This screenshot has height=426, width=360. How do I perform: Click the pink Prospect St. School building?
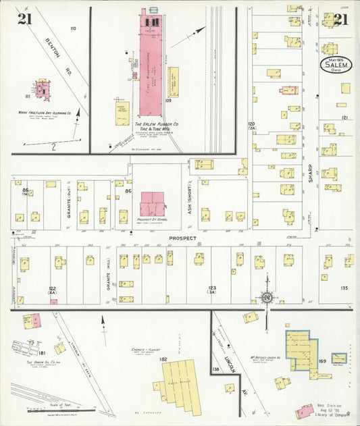tap(152, 203)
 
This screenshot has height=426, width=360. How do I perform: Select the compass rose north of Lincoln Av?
tap(267, 297)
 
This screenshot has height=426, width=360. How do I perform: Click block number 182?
tap(163, 359)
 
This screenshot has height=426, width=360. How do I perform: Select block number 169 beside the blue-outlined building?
tap(323, 361)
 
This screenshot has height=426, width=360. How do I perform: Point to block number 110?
tap(73, 28)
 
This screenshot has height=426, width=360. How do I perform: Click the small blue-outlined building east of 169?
tap(338, 358)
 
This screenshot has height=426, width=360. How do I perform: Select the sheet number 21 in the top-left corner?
tap(25, 18)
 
